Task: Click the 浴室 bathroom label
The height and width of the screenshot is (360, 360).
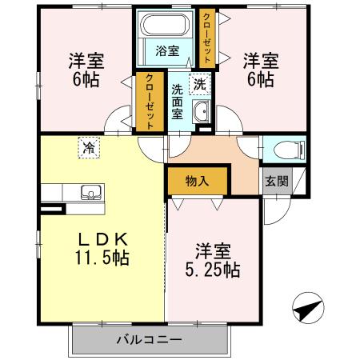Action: click(x=166, y=51)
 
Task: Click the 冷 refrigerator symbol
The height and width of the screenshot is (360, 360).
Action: click(x=86, y=146)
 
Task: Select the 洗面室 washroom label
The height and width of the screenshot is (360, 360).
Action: click(x=178, y=99)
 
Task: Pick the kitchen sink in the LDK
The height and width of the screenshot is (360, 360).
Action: click(x=89, y=193)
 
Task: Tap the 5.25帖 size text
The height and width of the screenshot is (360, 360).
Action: click(x=211, y=270)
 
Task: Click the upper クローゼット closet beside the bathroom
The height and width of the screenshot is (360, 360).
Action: click(x=207, y=38)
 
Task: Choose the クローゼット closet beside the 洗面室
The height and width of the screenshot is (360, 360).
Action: click(x=149, y=102)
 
